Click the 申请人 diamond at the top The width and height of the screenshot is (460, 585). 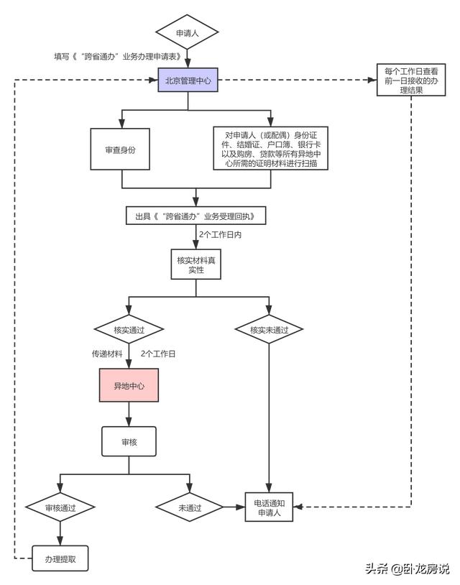[187, 32]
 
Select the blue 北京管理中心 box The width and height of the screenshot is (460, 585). [188, 80]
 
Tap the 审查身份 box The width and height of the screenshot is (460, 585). [120, 149]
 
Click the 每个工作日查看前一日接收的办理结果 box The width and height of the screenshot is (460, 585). [411, 80]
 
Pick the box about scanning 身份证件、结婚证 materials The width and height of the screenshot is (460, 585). [270, 149]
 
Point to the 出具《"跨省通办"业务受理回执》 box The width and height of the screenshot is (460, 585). [196, 216]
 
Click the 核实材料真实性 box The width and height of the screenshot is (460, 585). [196, 264]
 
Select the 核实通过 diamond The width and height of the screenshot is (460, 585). [129, 329]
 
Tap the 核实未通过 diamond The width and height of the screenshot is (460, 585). [269, 329]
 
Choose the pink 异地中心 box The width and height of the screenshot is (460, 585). [129, 385]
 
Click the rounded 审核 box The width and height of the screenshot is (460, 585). [129, 442]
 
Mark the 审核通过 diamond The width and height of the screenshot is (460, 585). [60, 507]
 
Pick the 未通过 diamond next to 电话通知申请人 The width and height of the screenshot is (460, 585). [190, 507]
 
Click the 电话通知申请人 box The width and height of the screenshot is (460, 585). [269, 507]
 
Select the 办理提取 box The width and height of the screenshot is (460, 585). [60, 558]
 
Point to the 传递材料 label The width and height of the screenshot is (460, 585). [107, 354]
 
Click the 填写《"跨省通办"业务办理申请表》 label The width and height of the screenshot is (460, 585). [118, 56]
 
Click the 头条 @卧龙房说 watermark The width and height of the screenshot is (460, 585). [407, 568]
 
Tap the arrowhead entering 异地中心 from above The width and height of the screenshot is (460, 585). [129, 364]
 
